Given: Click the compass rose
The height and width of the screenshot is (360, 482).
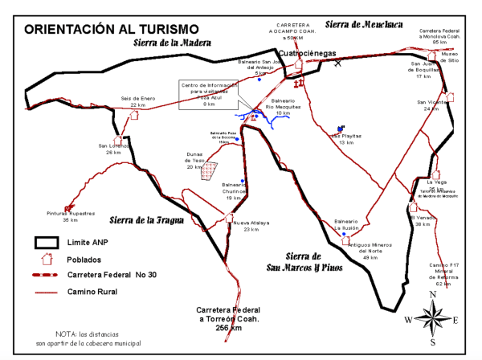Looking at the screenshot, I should (432, 320).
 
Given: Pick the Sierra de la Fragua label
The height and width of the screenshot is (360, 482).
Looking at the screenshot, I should (146, 219).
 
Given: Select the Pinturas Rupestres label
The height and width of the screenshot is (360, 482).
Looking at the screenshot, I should (71, 216).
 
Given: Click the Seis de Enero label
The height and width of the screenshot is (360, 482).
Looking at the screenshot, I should (137, 101).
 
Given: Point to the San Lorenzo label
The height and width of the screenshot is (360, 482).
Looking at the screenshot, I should (112, 149).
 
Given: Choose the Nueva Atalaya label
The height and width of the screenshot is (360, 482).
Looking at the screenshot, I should (251, 226).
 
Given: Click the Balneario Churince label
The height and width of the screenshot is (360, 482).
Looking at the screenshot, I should (234, 194).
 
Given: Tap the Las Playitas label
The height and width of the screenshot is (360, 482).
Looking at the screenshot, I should (346, 139).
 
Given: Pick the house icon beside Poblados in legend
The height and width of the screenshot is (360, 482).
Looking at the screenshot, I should (46, 259).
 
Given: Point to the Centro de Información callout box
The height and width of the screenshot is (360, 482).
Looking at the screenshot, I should (209, 92).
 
